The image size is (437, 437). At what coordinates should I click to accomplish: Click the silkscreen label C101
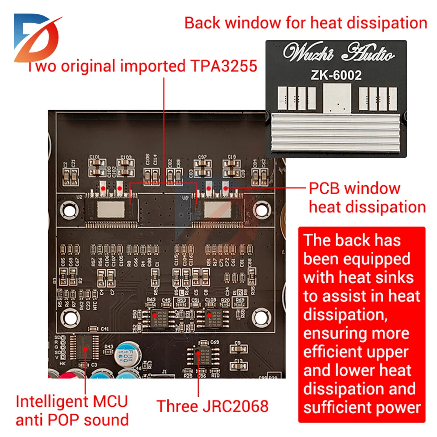click(x=94, y=156)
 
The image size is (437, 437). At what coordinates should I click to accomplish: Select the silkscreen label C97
click(x=202, y=156)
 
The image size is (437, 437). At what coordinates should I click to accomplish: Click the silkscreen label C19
click(x=232, y=156)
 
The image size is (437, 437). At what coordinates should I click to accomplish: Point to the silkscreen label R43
click(x=108, y=347)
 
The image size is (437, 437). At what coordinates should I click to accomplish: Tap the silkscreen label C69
click(x=215, y=342)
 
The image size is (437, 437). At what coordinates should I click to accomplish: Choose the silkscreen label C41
click(x=105, y=328)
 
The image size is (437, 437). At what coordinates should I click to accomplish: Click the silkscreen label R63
click(x=151, y=299)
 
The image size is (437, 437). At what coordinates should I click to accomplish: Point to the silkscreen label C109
click(x=211, y=299)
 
